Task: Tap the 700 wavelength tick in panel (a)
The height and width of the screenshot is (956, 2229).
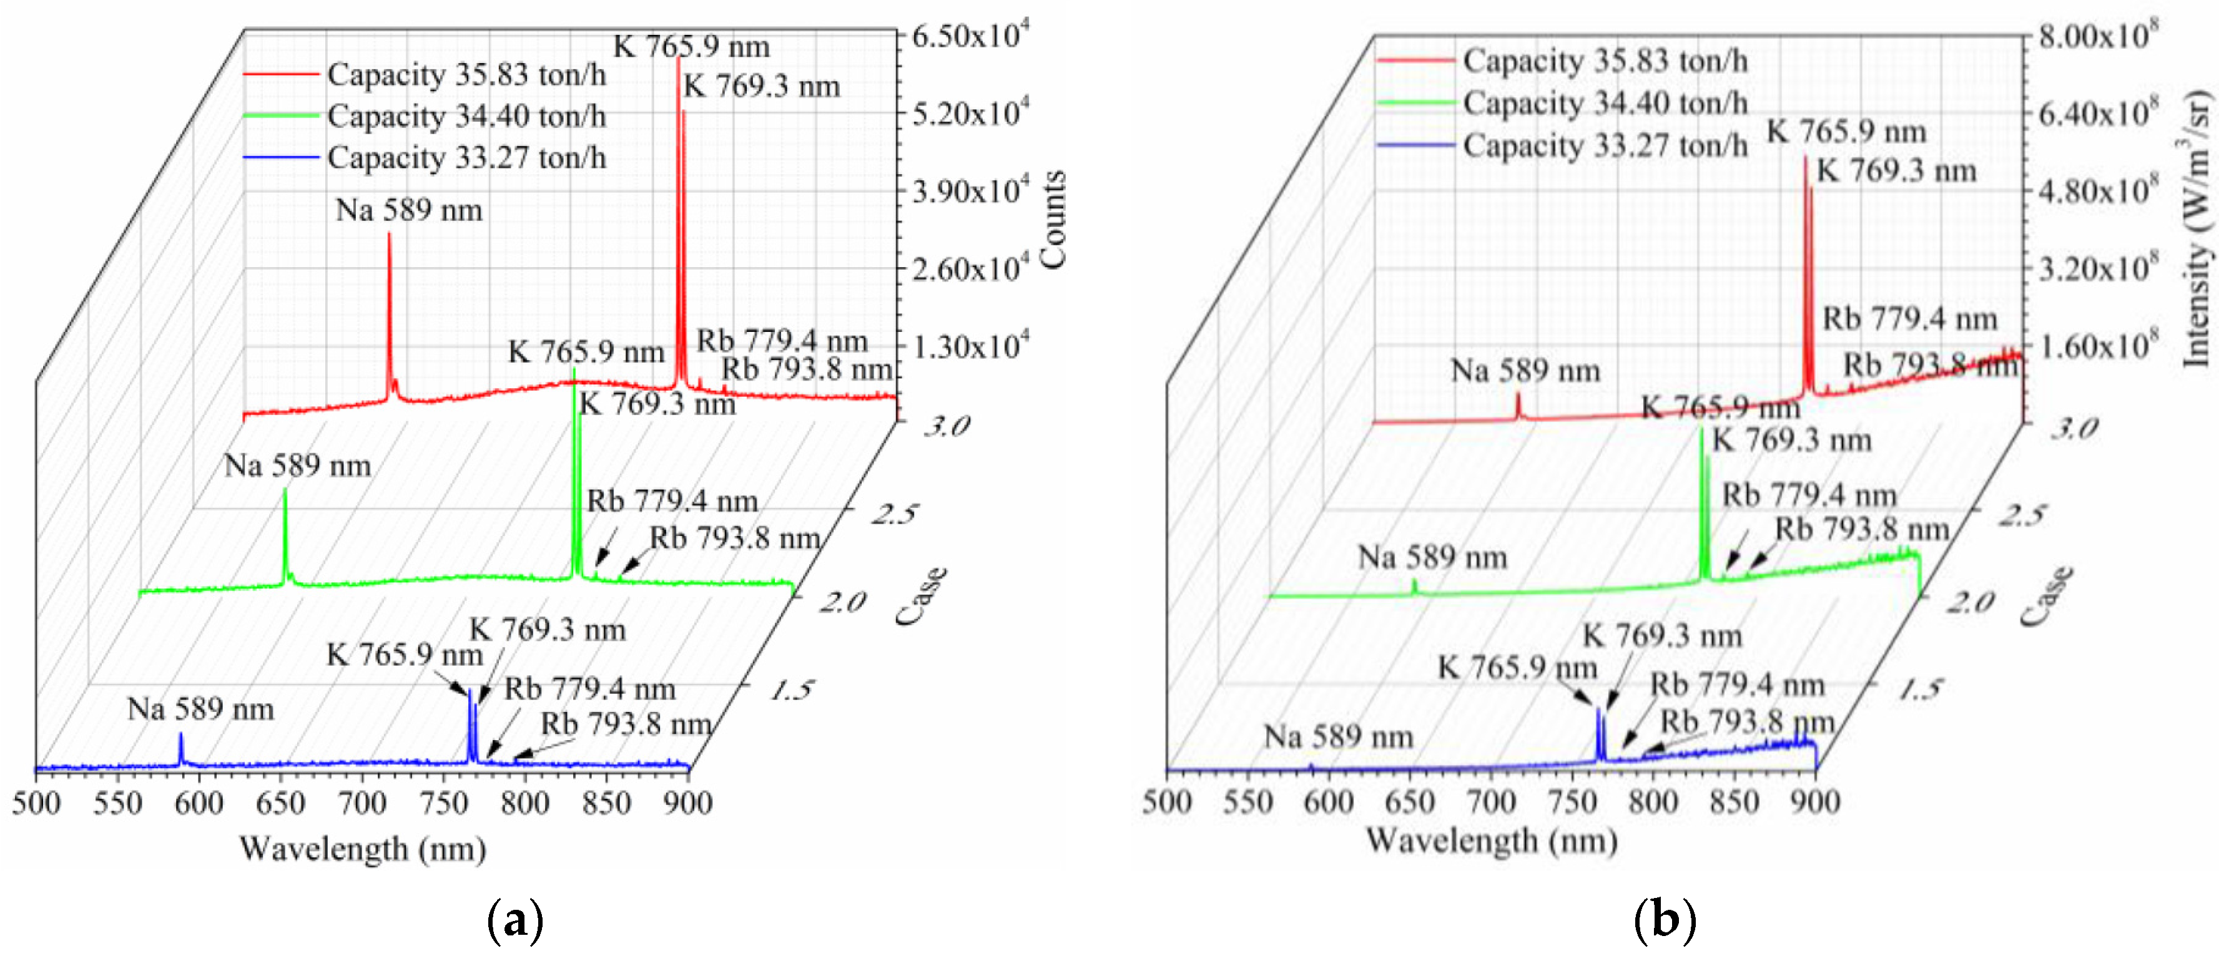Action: pyautogui.click(x=362, y=804)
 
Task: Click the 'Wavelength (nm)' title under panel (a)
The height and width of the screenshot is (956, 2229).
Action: pyautogui.click(x=363, y=849)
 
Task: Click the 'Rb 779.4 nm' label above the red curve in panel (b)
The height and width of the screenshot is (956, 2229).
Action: pyautogui.click(x=1910, y=319)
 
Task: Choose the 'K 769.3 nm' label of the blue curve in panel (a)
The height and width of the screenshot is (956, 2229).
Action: pyautogui.click(x=547, y=630)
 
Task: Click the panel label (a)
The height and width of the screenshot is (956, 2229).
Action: pyautogui.click(x=516, y=920)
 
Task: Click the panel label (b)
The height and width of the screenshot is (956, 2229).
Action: pyautogui.click(x=1664, y=920)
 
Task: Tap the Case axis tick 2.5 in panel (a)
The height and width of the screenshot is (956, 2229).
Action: pyautogui.click(x=893, y=515)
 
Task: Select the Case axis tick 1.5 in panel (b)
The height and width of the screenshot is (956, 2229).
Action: pyautogui.click(x=1922, y=690)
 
